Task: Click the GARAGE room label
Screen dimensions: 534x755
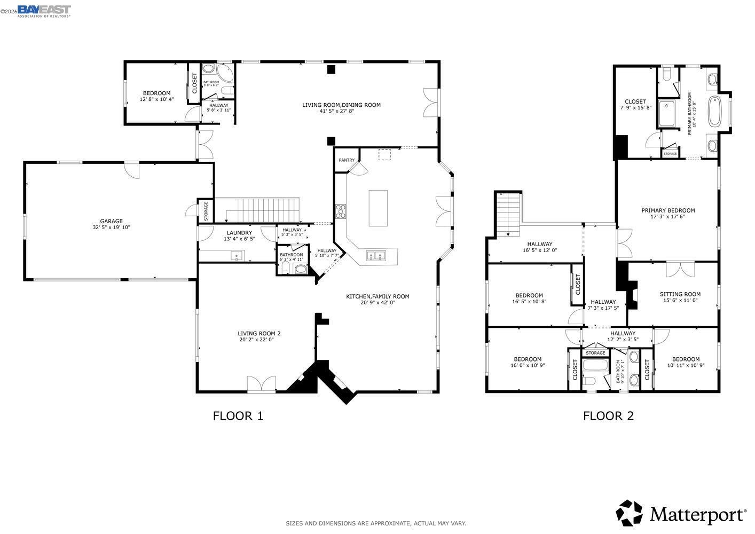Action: (111, 221)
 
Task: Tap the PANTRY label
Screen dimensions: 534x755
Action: (347, 160)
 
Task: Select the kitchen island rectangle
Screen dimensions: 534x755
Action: (378, 208)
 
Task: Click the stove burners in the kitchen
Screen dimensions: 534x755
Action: (340, 211)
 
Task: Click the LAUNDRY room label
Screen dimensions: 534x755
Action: (239, 233)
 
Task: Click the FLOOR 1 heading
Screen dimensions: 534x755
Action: (238, 416)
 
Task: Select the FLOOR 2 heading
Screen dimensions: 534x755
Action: (608, 416)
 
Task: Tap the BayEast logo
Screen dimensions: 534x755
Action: (44, 11)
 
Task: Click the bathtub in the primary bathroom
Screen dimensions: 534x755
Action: (714, 111)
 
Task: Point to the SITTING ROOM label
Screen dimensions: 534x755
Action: (680, 294)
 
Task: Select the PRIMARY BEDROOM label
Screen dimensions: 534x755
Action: (668, 210)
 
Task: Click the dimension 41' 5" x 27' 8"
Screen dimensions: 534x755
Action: (341, 111)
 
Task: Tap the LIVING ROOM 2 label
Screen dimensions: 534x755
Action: (259, 334)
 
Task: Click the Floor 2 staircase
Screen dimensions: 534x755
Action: (508, 214)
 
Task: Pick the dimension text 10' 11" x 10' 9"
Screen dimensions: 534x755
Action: (686, 366)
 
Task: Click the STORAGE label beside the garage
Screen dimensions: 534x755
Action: (206, 211)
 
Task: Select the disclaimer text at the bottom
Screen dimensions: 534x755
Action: (376, 523)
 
